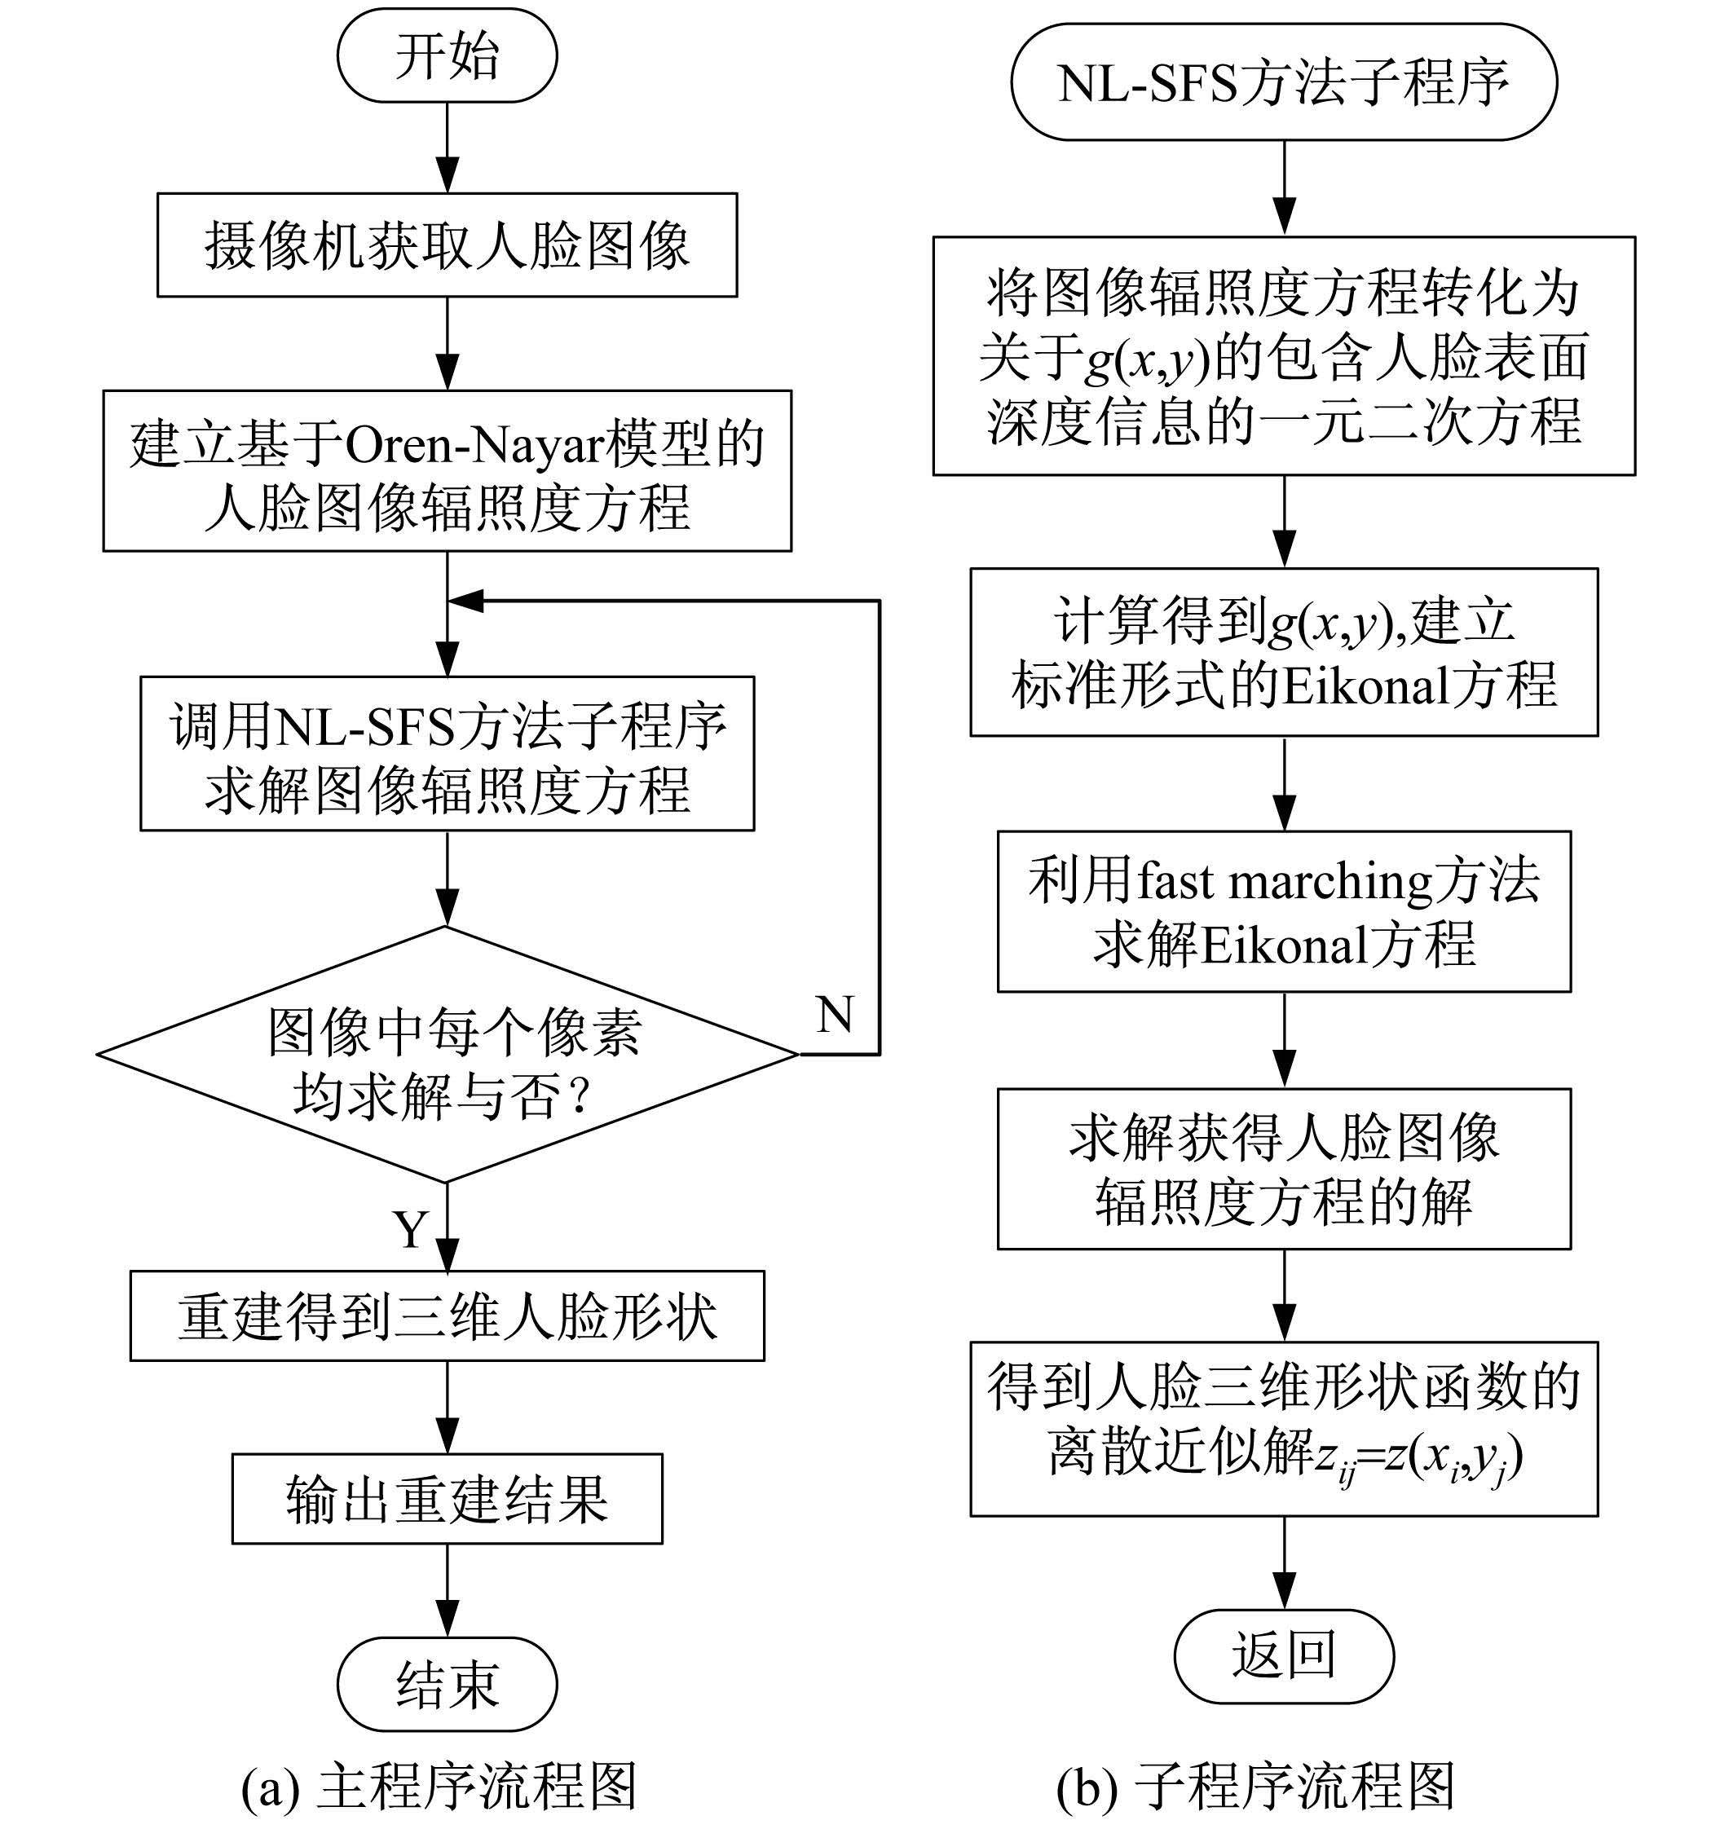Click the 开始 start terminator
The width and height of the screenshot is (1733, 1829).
(x=447, y=55)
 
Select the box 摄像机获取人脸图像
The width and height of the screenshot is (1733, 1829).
(x=447, y=245)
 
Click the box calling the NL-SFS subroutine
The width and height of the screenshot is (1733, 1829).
(x=447, y=754)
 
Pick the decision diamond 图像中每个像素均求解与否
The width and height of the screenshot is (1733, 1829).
(x=447, y=1054)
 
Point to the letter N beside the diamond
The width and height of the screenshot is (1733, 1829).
(x=835, y=1014)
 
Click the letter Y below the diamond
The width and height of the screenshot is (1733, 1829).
(x=411, y=1228)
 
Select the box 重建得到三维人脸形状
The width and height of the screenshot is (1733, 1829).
(x=447, y=1316)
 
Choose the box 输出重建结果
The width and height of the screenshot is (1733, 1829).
(x=447, y=1498)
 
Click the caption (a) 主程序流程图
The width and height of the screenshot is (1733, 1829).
(x=439, y=1787)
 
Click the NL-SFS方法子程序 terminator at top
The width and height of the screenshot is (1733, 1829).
(x=1284, y=82)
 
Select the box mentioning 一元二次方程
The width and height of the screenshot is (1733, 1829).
(x=1284, y=355)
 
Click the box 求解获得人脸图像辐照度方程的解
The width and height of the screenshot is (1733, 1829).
(x=1284, y=1169)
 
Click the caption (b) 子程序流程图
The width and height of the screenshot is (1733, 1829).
(x=1256, y=1787)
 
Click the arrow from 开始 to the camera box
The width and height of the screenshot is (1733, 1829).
(x=447, y=148)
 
